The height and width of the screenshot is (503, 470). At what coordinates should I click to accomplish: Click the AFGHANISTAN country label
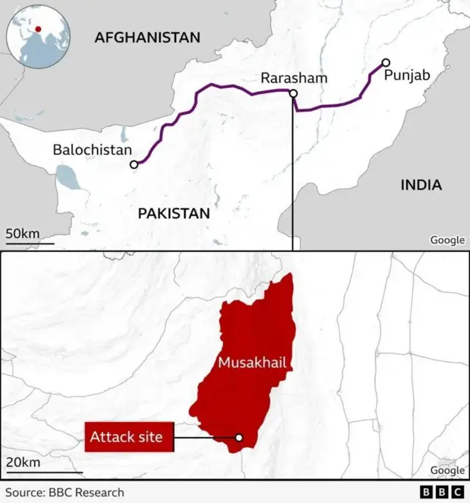[x=147, y=37]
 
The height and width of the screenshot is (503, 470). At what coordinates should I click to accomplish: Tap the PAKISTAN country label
[x=174, y=214]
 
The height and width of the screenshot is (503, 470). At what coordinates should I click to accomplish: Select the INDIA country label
[x=421, y=184]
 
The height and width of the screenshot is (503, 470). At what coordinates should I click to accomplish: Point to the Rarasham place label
[x=294, y=79]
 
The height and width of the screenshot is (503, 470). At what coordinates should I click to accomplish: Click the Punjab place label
[x=406, y=76]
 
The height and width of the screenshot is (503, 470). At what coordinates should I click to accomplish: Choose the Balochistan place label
[x=92, y=150]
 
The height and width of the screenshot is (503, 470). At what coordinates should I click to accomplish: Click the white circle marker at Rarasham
[x=293, y=93]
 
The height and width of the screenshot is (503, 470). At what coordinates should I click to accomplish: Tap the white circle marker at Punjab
[x=386, y=62]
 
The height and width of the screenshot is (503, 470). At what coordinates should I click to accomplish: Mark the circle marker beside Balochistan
[x=134, y=165]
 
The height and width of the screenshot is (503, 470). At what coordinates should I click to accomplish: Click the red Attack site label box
[x=126, y=438]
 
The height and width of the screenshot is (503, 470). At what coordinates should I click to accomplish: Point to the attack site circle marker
[x=239, y=438]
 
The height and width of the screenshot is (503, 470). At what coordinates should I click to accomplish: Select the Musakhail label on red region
[x=251, y=362]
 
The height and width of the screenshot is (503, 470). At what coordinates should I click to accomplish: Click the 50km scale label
[x=23, y=234]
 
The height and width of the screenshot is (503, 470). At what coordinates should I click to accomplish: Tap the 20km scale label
[x=23, y=462]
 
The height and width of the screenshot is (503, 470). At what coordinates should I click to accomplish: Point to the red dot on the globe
[x=37, y=29]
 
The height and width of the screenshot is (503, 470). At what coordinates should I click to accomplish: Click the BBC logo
[x=443, y=492]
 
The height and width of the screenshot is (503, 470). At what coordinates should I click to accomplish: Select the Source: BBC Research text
[x=65, y=492]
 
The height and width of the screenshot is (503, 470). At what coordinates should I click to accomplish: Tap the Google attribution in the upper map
[x=447, y=240]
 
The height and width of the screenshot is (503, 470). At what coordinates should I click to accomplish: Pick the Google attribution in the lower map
[x=447, y=470]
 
